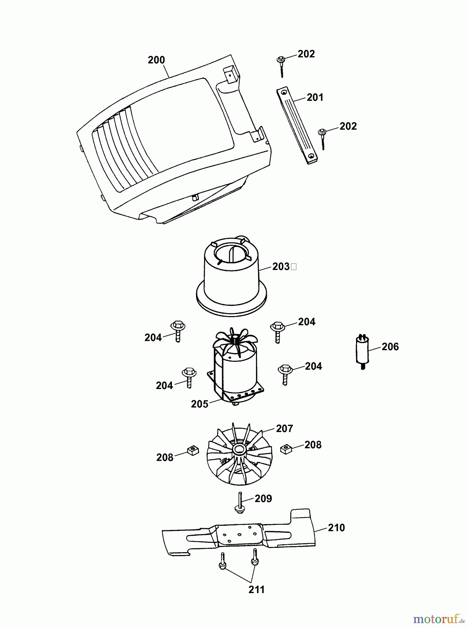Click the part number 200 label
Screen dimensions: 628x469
tap(156, 60)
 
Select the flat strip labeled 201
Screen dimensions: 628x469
tap(297, 127)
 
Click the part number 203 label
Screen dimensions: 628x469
tap(281, 267)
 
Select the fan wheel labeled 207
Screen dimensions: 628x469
tap(239, 454)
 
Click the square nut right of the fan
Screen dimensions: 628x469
tap(286, 449)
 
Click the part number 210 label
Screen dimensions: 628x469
tap(336, 528)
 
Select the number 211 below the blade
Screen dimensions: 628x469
tap(256, 589)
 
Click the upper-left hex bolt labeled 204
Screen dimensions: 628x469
tap(178, 330)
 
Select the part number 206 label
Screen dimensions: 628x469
tap(390, 346)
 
